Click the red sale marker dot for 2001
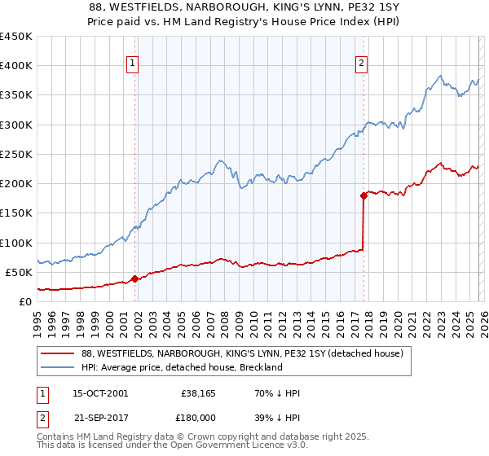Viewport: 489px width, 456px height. click(x=134, y=278)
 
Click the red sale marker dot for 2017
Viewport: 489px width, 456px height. click(x=363, y=195)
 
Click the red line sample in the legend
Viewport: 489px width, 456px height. click(x=58, y=354)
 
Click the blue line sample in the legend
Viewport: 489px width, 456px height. click(x=58, y=367)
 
